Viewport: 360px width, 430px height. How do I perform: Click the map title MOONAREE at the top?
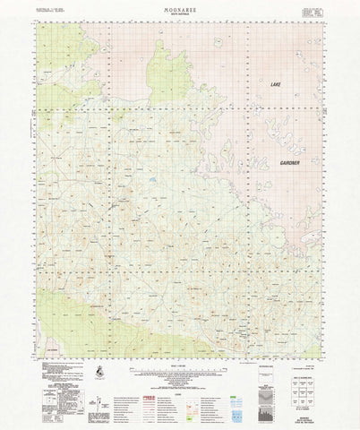pos(180,7)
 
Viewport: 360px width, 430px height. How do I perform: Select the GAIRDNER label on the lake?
pos(288,164)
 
